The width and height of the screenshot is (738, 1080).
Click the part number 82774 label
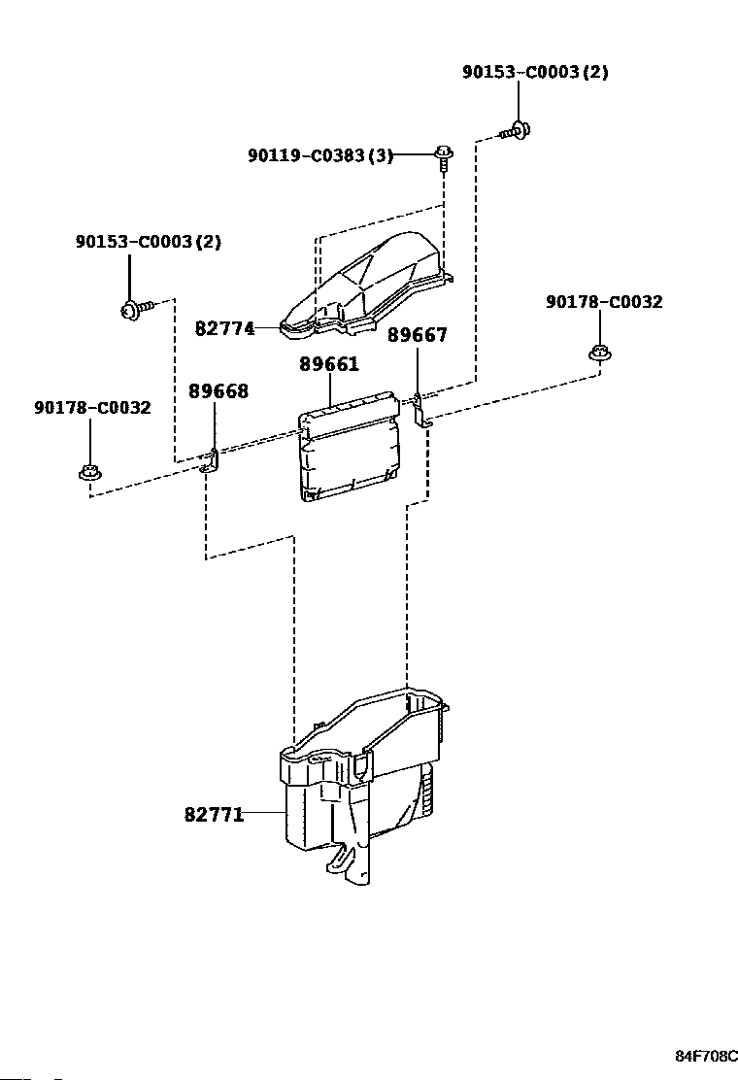coord(224,328)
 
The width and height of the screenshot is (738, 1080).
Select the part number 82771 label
coord(214,815)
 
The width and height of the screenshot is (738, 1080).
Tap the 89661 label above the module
coord(329,363)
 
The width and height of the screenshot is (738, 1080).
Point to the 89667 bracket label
coord(418,335)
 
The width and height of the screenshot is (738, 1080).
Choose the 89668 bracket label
coord(218,391)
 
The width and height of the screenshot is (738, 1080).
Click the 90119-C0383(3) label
coord(320,155)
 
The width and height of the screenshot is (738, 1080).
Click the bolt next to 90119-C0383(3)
coord(445,156)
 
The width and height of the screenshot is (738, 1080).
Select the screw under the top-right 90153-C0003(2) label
coord(517,129)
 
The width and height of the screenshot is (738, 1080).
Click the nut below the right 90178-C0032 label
coord(600,353)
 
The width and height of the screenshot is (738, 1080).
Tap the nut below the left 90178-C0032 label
coord(88,473)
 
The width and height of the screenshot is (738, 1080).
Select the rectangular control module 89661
coord(349,445)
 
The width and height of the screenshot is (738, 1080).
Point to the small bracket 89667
coord(421,411)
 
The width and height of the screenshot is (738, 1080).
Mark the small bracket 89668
coord(211,461)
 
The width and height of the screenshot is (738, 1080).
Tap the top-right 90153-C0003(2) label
coord(535,72)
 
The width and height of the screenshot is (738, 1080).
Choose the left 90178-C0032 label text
coord(92,408)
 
